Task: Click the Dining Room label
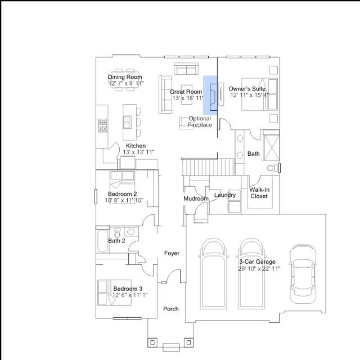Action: [x=125, y=77]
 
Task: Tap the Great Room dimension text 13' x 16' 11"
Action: [x=188, y=98]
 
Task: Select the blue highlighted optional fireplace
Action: [x=210, y=95]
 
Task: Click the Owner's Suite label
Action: [x=247, y=89]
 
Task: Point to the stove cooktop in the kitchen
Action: [x=102, y=125]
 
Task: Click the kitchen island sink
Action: [x=128, y=122]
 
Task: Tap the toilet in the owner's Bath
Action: [x=272, y=168]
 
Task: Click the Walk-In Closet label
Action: [x=259, y=193]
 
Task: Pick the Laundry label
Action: [x=225, y=195]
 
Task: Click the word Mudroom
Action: [x=196, y=199]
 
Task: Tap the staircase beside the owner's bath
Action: [x=209, y=167]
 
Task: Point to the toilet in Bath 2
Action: [x=117, y=232]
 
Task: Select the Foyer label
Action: [x=172, y=253]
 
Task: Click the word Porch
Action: [x=171, y=309]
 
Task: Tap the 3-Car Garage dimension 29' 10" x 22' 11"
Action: [x=259, y=268]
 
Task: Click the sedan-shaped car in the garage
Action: [x=303, y=274]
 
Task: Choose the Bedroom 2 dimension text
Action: [x=124, y=200]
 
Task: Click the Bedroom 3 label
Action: [x=128, y=289]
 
